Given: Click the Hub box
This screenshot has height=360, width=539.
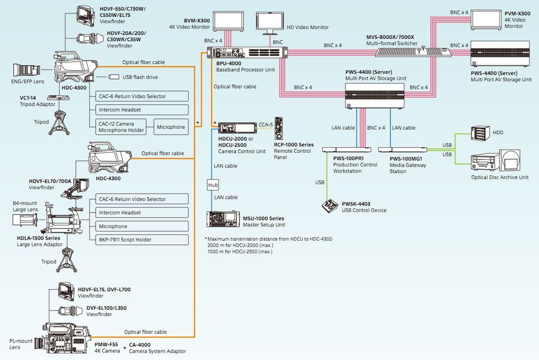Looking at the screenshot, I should coord(213,186).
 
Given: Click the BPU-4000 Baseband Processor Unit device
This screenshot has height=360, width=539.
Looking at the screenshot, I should coord(251,52).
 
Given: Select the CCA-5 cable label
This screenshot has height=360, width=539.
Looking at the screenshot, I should coord(265,125).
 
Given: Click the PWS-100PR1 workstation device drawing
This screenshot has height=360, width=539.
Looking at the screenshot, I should coord(347,149).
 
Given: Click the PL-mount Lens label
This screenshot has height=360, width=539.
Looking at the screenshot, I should coord(21,344).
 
